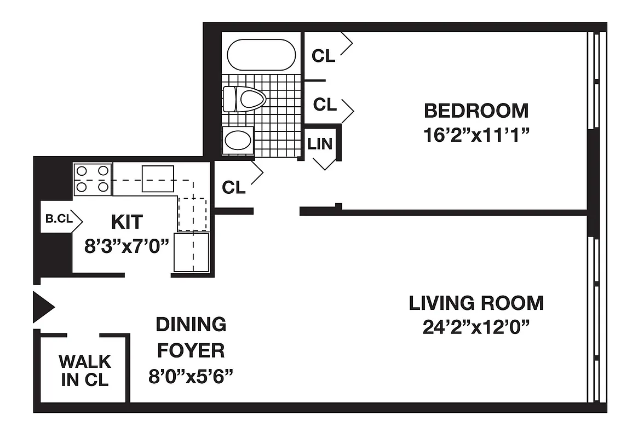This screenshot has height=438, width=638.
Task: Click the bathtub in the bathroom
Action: click(x=261, y=55)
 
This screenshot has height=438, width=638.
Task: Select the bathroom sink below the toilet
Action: click(x=238, y=141)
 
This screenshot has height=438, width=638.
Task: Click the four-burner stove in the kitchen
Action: click(x=93, y=180)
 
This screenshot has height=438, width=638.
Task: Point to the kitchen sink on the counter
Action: click(x=158, y=178)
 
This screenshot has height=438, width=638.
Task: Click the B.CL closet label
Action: click(x=58, y=218)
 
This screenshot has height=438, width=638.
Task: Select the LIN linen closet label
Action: click(x=320, y=144)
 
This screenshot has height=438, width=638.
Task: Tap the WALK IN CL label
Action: click(x=85, y=371)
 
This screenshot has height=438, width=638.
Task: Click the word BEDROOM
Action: click(x=476, y=111)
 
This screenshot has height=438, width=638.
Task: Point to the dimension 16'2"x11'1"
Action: click(x=476, y=135)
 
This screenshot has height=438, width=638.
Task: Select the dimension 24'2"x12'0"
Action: click(x=476, y=327)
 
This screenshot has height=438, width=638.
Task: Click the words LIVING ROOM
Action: click(x=476, y=303)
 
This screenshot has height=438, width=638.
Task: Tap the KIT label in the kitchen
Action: click(x=127, y=222)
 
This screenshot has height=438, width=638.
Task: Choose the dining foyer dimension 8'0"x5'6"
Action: click(x=191, y=376)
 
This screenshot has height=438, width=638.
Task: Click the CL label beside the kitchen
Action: click(x=234, y=188)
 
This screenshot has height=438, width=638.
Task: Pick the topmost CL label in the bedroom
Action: click(x=323, y=56)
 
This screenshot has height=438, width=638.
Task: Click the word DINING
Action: click(x=191, y=324)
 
